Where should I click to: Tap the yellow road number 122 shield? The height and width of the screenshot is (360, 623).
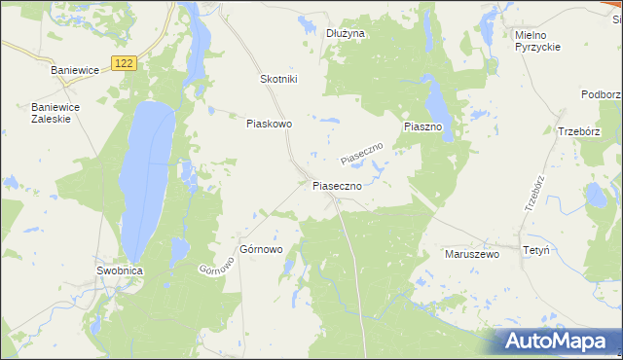(x=122, y=62)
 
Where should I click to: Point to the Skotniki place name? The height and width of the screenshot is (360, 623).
(x=278, y=79)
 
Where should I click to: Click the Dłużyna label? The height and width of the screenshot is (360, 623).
(x=345, y=33)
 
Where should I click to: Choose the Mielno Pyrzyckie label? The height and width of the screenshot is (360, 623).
(x=536, y=41)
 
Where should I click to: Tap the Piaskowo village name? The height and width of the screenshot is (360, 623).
(x=269, y=124)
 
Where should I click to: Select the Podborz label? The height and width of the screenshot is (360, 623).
(x=602, y=93)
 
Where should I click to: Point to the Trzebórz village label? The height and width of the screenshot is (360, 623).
(x=582, y=131)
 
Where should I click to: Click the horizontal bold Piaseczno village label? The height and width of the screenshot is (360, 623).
(x=337, y=184)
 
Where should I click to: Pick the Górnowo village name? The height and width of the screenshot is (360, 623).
(x=261, y=249)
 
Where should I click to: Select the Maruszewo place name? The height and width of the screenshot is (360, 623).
(x=471, y=253)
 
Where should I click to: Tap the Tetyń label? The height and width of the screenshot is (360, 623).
(x=535, y=250)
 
